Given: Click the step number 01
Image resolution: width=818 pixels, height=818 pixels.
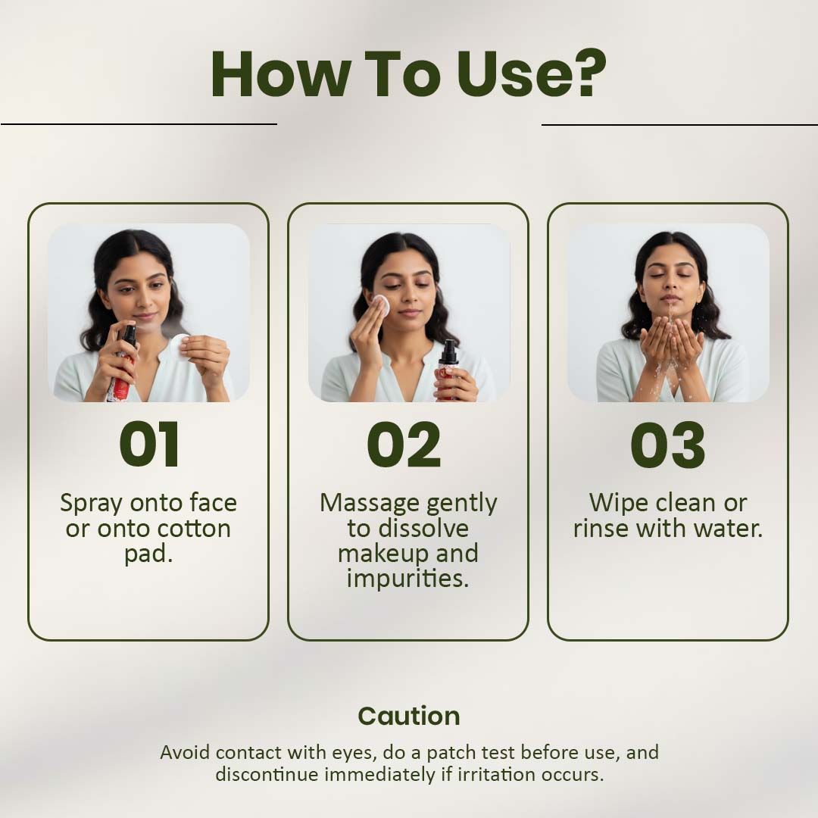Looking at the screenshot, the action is coord(149,445).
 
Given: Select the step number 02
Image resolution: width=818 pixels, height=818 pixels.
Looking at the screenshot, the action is coord(404,445).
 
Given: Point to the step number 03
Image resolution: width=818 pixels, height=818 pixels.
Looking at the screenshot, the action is coord(668,445).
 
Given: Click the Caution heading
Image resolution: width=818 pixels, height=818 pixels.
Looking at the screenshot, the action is coord(409,716).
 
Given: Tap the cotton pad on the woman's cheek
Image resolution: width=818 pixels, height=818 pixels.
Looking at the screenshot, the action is coord(381,305).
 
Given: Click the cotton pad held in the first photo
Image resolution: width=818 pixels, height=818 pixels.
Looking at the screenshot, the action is coord(180,348).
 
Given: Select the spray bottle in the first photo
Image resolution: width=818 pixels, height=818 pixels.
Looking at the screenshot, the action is coord(121,363).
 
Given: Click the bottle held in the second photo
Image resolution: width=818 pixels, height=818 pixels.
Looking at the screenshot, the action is coord(448,370).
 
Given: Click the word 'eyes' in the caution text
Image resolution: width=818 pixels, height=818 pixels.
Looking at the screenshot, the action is coord(354,754).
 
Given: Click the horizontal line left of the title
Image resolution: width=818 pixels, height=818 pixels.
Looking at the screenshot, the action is coord(139,124).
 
